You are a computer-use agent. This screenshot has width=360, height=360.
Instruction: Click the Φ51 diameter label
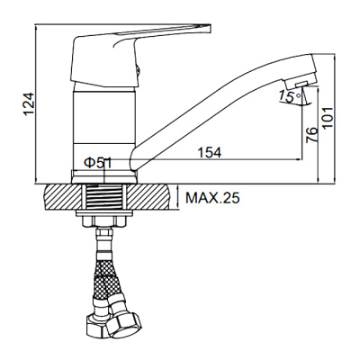tap(97, 162)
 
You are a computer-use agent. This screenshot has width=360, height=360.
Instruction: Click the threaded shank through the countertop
tap(106, 196)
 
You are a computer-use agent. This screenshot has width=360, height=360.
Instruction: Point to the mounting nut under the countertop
tap(106, 217)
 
